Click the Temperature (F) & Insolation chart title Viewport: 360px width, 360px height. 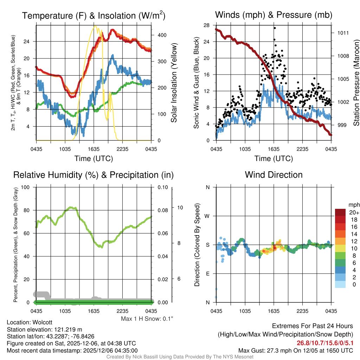(x=94, y=15)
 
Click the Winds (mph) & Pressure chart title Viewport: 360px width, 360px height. (x=274, y=15)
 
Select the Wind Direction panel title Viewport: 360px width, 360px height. (x=274, y=175)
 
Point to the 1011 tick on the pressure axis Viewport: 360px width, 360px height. (x=343, y=33)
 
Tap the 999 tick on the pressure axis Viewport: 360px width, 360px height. (x=342, y=125)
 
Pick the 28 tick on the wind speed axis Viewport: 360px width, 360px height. (x=207, y=25)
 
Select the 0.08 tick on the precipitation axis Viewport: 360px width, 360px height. (x=162, y=211)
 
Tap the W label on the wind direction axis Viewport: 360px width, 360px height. (x=207, y=216)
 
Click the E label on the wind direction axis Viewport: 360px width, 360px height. (x=207, y=274)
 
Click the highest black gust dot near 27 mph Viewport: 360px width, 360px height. (x=274, y=28)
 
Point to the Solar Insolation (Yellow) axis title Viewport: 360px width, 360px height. (x=174, y=83)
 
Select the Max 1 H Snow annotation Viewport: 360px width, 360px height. (x=147, y=319)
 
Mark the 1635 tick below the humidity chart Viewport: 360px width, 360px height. (x=94, y=311)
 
